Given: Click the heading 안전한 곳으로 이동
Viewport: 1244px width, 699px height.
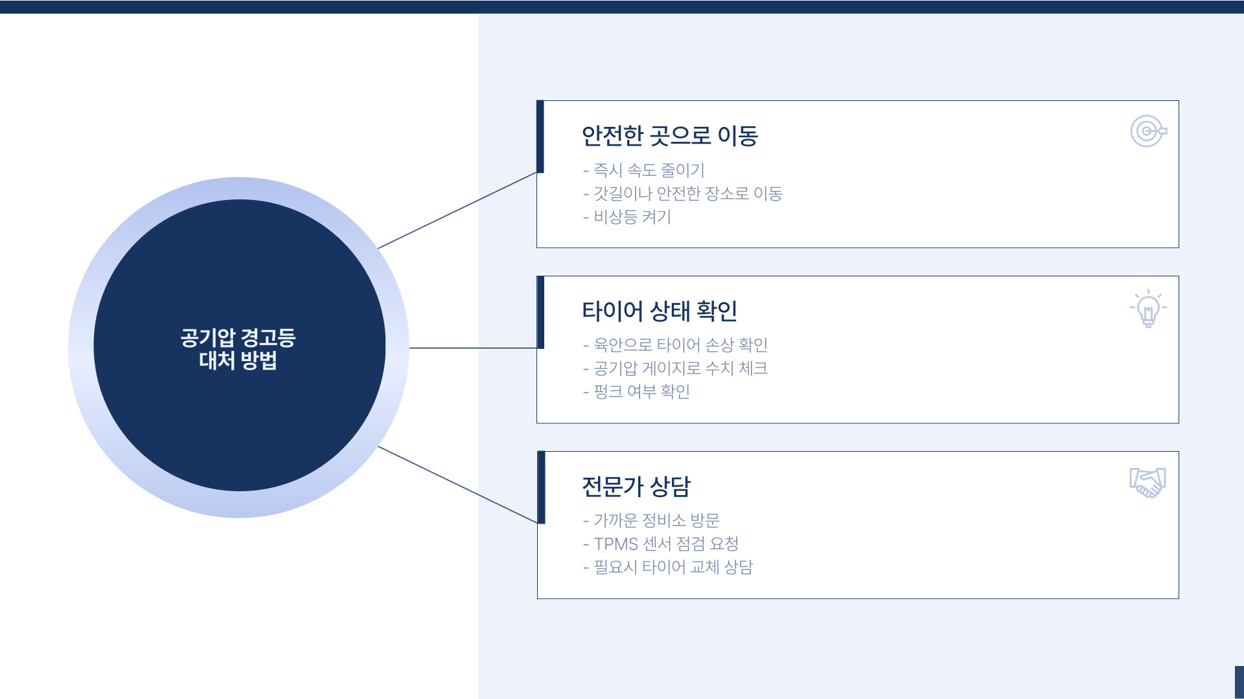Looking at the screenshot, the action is pyautogui.click(x=669, y=136).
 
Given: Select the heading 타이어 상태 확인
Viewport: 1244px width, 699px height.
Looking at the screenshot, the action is pyautogui.click(x=659, y=311).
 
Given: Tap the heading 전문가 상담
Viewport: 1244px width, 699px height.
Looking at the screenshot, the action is pyautogui.click(x=636, y=487).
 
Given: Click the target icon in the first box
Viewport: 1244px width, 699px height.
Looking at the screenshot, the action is pyautogui.click(x=1148, y=131).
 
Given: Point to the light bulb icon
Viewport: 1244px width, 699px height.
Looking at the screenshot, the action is pyautogui.click(x=1148, y=309).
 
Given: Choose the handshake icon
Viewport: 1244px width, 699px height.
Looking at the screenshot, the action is pyautogui.click(x=1147, y=483).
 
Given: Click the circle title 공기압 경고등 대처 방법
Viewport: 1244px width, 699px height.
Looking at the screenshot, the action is pyautogui.click(x=238, y=349).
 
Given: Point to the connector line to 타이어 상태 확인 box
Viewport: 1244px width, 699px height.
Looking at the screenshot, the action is pyautogui.click(x=473, y=348).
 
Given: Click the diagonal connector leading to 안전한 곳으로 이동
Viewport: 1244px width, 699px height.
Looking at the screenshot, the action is pyautogui.click(x=457, y=210).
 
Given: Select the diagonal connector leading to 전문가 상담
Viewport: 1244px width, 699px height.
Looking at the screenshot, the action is pyautogui.click(x=457, y=484).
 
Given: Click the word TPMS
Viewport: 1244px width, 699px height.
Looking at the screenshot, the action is pyautogui.click(x=616, y=544).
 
